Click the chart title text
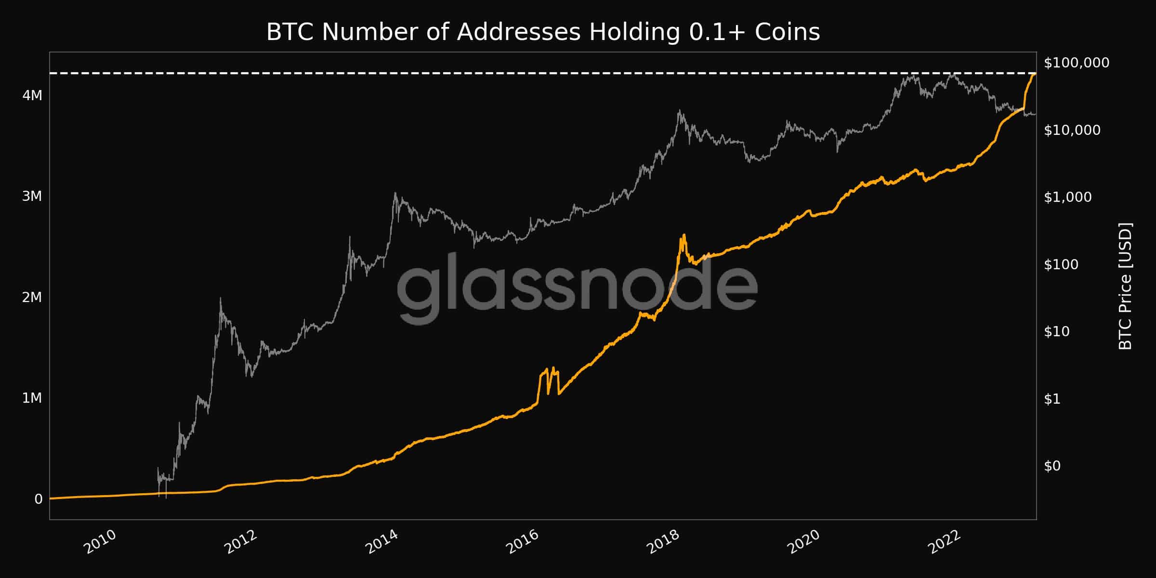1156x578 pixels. (x=543, y=33)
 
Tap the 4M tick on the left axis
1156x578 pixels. (x=32, y=95)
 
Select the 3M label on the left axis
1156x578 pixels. (x=32, y=197)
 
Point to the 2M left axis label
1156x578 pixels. (x=32, y=297)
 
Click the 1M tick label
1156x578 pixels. (x=32, y=398)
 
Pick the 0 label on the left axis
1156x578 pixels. (x=39, y=499)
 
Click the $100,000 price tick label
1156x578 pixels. (x=1077, y=63)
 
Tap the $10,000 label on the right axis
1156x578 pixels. (x=1072, y=130)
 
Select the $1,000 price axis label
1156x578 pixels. (x=1068, y=197)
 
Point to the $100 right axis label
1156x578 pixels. (x=1061, y=264)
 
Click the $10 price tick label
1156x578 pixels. (x=1057, y=331)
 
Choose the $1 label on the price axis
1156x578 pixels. (x=1052, y=399)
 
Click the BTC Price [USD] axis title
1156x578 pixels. (x=1125, y=286)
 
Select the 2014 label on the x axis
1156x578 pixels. (x=382, y=542)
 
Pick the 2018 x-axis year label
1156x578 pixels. (x=663, y=542)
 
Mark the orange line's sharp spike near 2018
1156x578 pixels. (x=683, y=236)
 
